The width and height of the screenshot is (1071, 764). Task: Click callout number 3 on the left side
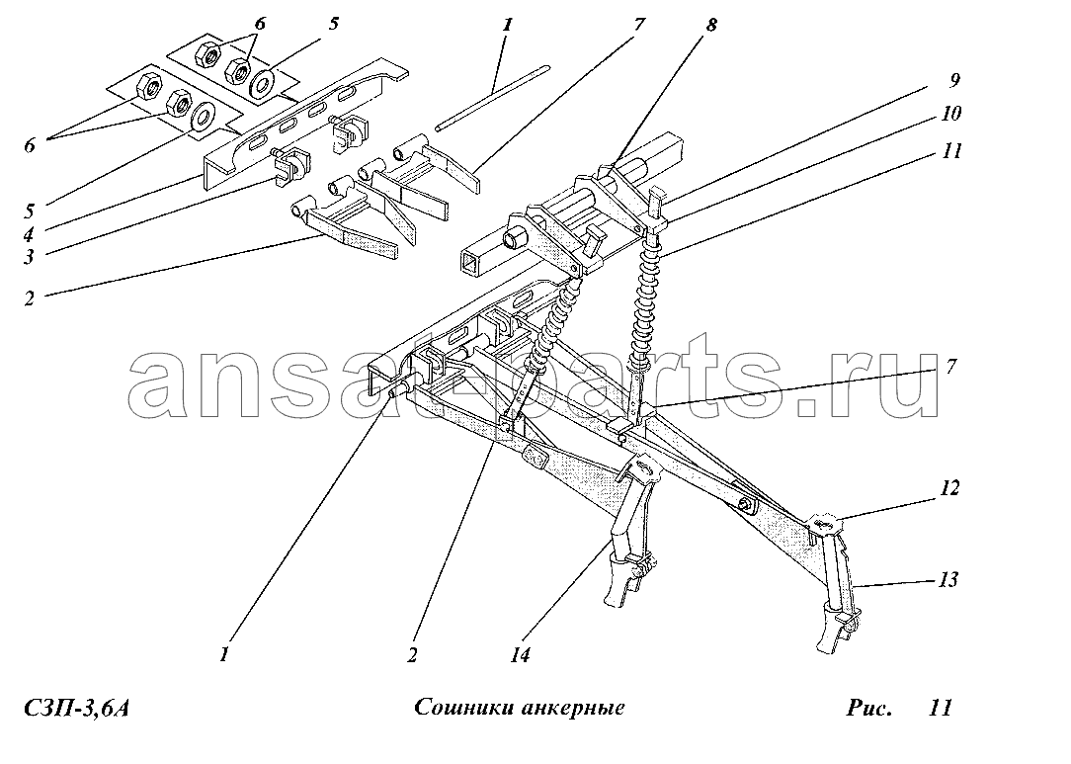[x=29, y=257]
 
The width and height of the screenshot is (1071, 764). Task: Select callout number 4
[x=29, y=235]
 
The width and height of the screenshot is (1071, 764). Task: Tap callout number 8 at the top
[x=711, y=25]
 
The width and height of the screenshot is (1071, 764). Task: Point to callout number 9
[x=954, y=80]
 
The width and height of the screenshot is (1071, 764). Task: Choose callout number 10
[x=950, y=113]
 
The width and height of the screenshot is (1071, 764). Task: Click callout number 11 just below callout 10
[x=951, y=150]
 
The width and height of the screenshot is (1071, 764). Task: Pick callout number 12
[x=949, y=488]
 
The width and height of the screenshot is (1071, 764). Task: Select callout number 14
[x=520, y=655]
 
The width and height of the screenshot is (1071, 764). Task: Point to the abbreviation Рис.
[x=868, y=708]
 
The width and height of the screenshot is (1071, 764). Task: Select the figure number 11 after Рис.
[x=940, y=708]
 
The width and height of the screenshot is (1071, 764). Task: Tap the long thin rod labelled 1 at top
[x=493, y=97]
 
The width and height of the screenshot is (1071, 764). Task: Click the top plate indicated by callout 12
[x=827, y=524]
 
